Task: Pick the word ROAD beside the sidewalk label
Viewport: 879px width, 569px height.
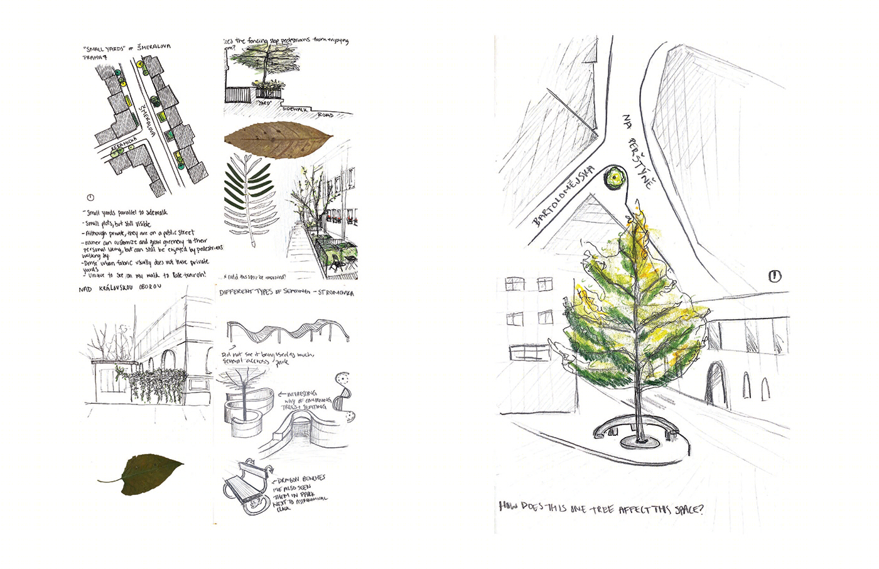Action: [325, 115]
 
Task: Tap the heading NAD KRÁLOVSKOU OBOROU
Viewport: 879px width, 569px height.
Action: [120, 288]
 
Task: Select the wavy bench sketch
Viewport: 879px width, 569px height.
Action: [286, 330]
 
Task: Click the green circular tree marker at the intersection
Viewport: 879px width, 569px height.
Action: [612, 179]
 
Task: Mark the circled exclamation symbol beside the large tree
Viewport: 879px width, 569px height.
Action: [775, 276]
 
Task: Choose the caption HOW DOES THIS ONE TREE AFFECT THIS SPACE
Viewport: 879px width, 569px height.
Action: [601, 507]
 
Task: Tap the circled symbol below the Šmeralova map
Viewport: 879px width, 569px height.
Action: [90, 198]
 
